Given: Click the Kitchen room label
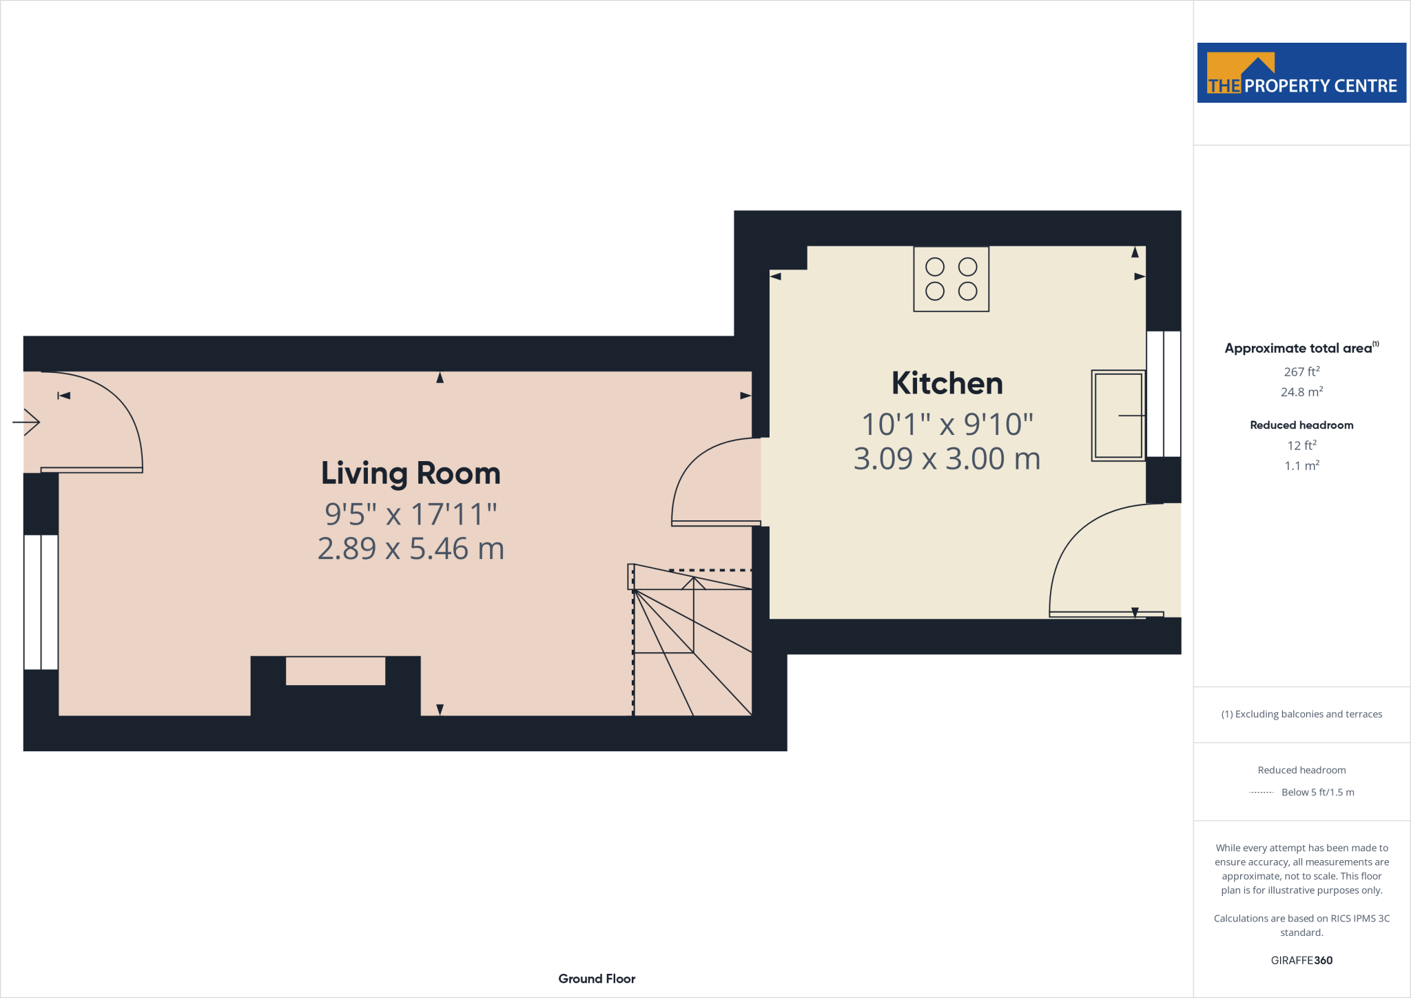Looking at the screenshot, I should (947, 383).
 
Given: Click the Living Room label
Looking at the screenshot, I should (411, 473).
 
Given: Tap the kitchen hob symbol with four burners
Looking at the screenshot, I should (951, 279).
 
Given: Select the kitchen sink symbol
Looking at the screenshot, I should (1118, 416).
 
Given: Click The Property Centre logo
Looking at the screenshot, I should (1301, 73).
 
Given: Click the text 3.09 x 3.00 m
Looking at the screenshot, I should (947, 459).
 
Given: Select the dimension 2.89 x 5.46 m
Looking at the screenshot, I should (411, 549).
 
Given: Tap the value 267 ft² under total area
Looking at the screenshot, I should (1301, 371).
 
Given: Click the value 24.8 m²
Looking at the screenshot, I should (1301, 392).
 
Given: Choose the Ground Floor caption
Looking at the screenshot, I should (597, 979).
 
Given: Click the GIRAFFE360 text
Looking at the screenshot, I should (1301, 960).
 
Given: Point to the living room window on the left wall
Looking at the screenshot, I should (41, 602).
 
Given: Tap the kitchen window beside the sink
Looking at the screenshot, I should (1163, 394).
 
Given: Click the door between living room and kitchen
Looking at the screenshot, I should (717, 482).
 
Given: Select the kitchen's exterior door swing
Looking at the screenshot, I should (1109, 562).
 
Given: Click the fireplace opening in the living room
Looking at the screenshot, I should (336, 671).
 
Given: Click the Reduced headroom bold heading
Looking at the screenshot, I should (1301, 425).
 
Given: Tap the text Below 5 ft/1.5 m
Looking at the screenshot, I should (1317, 793).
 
